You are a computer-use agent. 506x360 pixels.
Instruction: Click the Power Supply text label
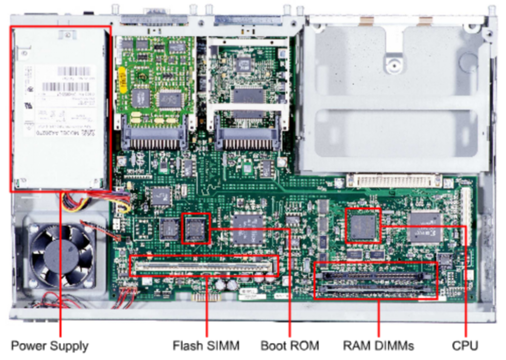pos(49,346)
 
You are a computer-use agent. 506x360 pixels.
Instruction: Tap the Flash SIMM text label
pos(206,346)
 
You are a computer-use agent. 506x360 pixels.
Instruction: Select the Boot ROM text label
pos(290,346)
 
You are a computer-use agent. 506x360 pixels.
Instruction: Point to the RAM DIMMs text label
pos(378,346)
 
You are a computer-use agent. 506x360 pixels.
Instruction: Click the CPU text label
pos(465,346)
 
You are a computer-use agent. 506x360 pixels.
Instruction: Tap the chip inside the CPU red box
pos(363,225)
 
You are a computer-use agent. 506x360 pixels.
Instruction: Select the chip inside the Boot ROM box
pos(196,228)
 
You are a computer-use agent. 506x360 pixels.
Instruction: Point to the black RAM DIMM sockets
pos(375,282)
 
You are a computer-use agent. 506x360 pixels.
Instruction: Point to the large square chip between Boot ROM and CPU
pos(248,228)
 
